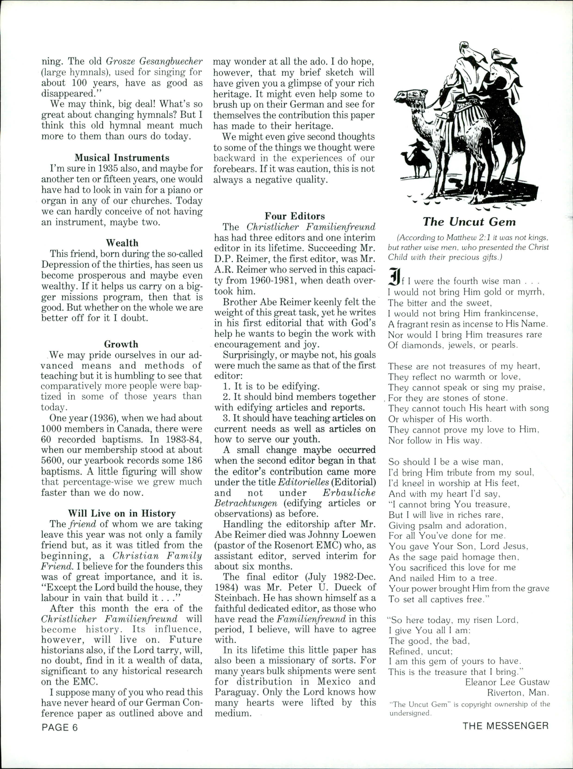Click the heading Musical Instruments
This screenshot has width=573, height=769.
pos(122,158)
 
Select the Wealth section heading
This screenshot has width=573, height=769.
pos(122,243)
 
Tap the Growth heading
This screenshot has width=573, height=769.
pos(121,344)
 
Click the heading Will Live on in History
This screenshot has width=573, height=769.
pos(122,513)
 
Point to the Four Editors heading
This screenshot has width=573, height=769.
pos(295,216)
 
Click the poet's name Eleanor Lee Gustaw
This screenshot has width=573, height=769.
pos(507,682)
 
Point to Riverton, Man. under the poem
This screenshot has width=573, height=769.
pos(518,693)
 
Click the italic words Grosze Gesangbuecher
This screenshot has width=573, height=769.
pos(154,61)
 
